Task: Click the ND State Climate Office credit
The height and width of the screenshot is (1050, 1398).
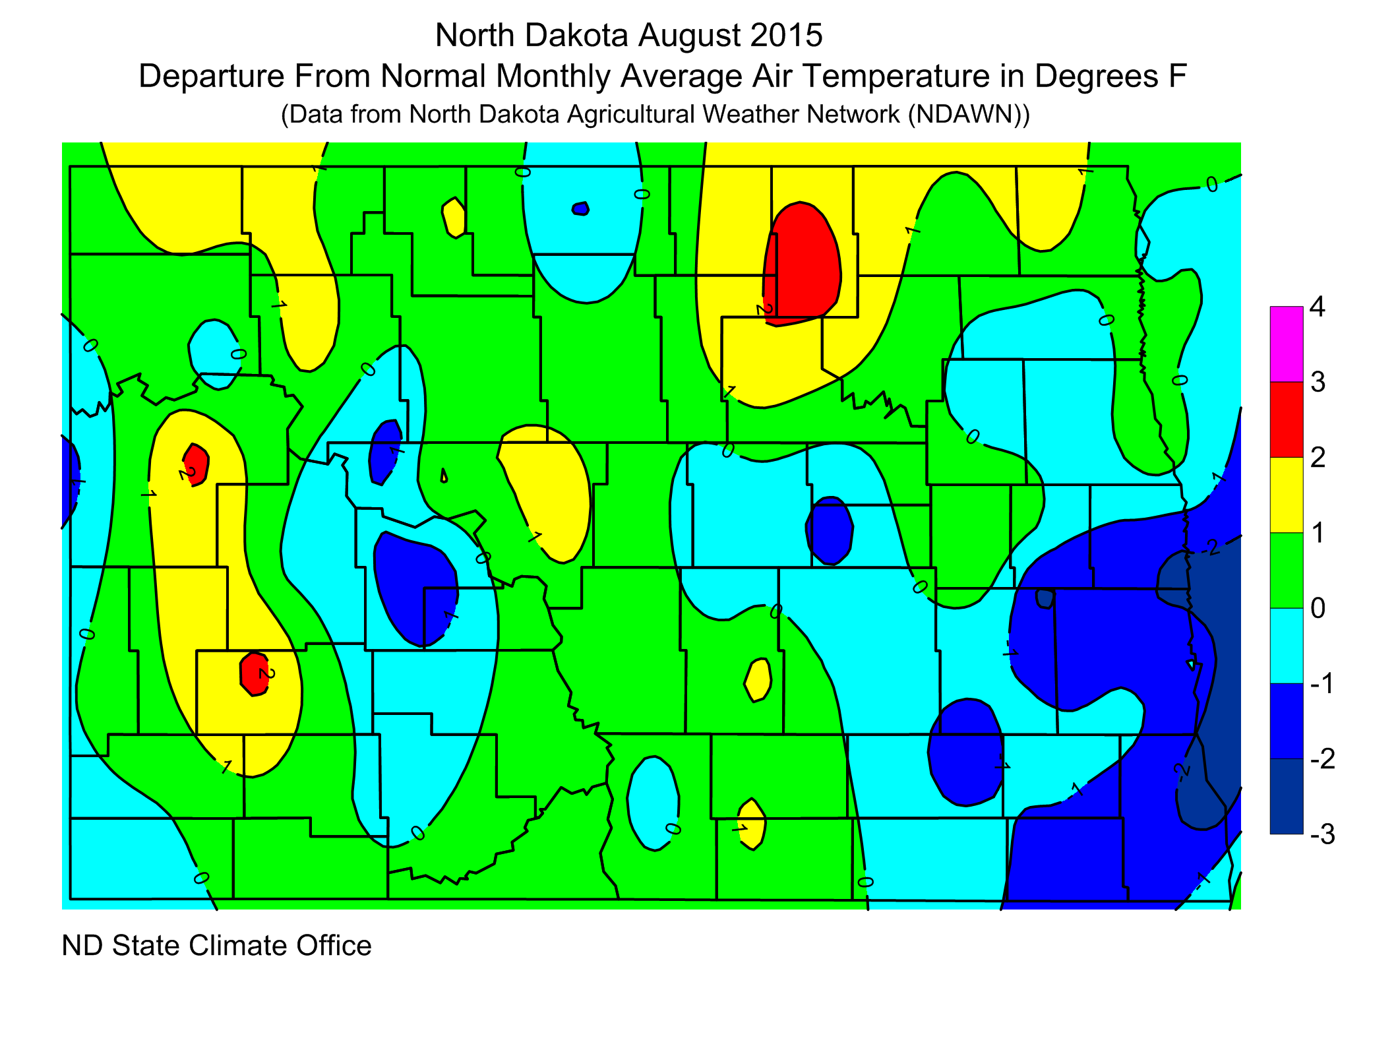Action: [216, 945]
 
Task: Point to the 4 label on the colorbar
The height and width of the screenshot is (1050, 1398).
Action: [1317, 307]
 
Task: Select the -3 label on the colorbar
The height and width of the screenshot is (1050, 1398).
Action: [1322, 834]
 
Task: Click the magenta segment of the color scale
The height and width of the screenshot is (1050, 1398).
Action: [1286, 344]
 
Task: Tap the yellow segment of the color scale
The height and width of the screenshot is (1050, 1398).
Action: [1286, 495]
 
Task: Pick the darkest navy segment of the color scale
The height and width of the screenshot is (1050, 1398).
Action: [1286, 796]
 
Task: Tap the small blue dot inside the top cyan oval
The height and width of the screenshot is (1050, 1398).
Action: [580, 209]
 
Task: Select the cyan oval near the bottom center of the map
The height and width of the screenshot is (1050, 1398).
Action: [653, 803]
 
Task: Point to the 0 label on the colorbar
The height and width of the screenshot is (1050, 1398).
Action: [1318, 608]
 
